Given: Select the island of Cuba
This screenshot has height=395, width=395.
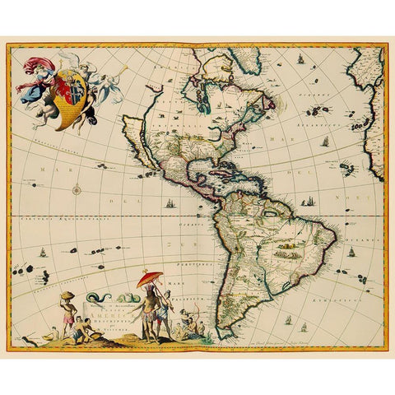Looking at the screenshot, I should click(x=216, y=165).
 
